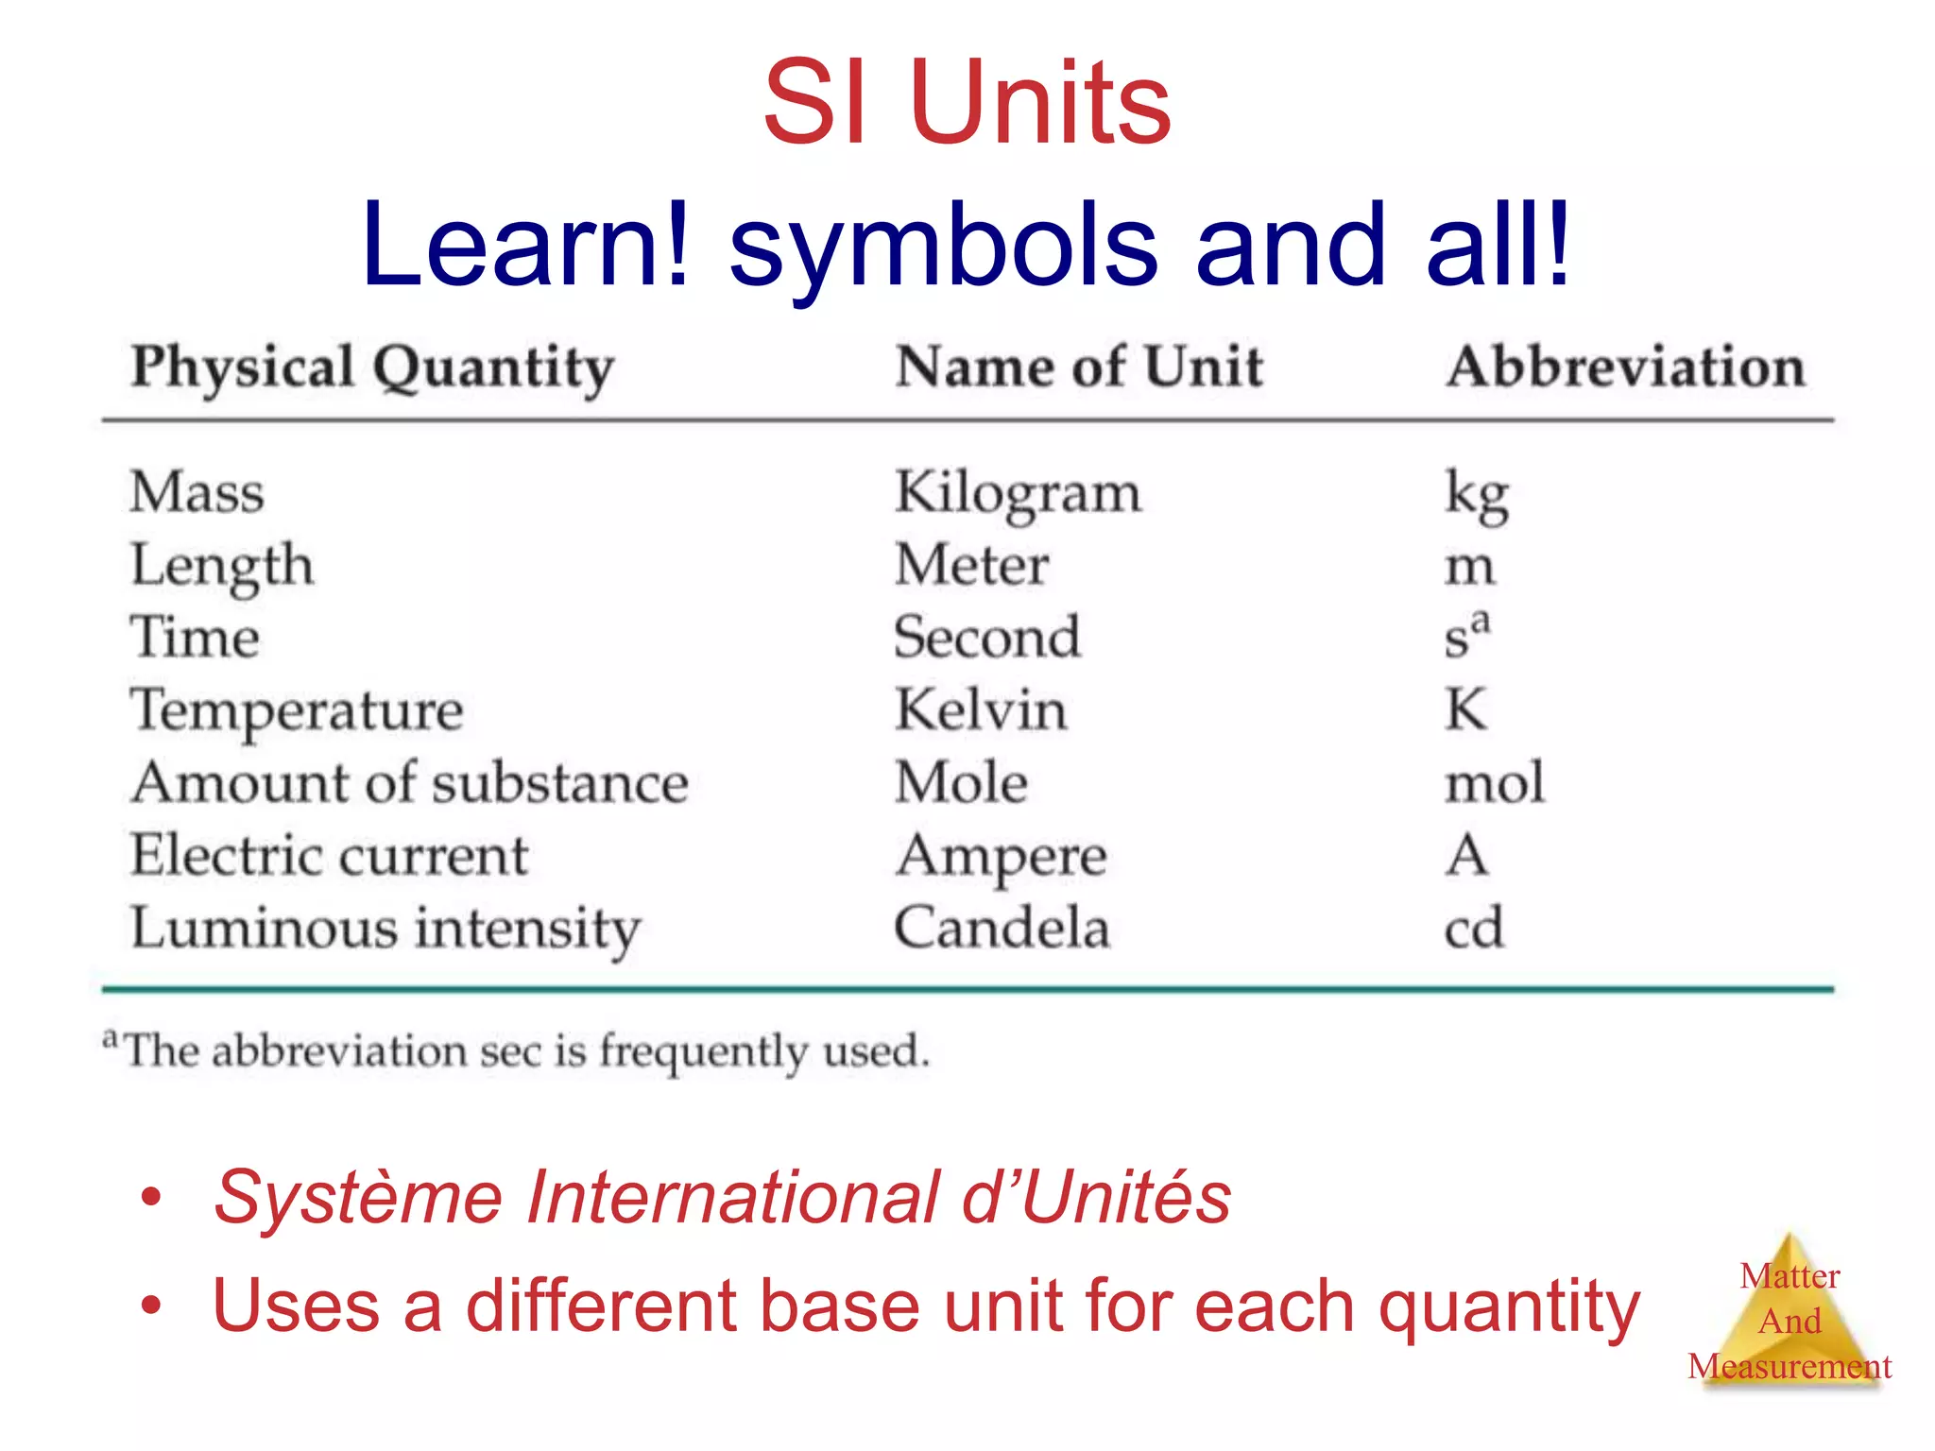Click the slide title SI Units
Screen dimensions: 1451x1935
click(x=967, y=102)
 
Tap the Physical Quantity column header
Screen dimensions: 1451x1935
click(x=372, y=367)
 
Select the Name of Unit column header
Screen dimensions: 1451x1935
click(x=1078, y=367)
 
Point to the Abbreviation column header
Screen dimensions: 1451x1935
click(x=1625, y=367)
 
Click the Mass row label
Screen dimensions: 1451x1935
click(x=197, y=492)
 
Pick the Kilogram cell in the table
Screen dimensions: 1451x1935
click(x=1018, y=494)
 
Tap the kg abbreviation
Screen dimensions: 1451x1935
click(x=1476, y=494)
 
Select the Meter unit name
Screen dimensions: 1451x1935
click(x=971, y=565)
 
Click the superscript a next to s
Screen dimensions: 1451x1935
click(x=1481, y=621)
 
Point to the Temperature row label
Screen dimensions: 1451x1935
click(x=297, y=710)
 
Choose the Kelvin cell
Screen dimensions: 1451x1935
click(x=981, y=709)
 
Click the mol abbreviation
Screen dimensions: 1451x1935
click(x=1495, y=782)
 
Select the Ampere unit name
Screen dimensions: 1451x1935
click(x=1001, y=856)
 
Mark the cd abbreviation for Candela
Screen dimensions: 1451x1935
click(x=1473, y=928)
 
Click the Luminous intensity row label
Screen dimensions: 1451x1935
click(x=385, y=929)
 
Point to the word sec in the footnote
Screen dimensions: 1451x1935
click(x=513, y=1051)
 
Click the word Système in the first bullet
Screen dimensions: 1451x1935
click(x=358, y=1198)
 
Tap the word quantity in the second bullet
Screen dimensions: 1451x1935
click(x=1509, y=1307)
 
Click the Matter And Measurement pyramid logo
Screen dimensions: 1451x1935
click(x=1789, y=1318)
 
